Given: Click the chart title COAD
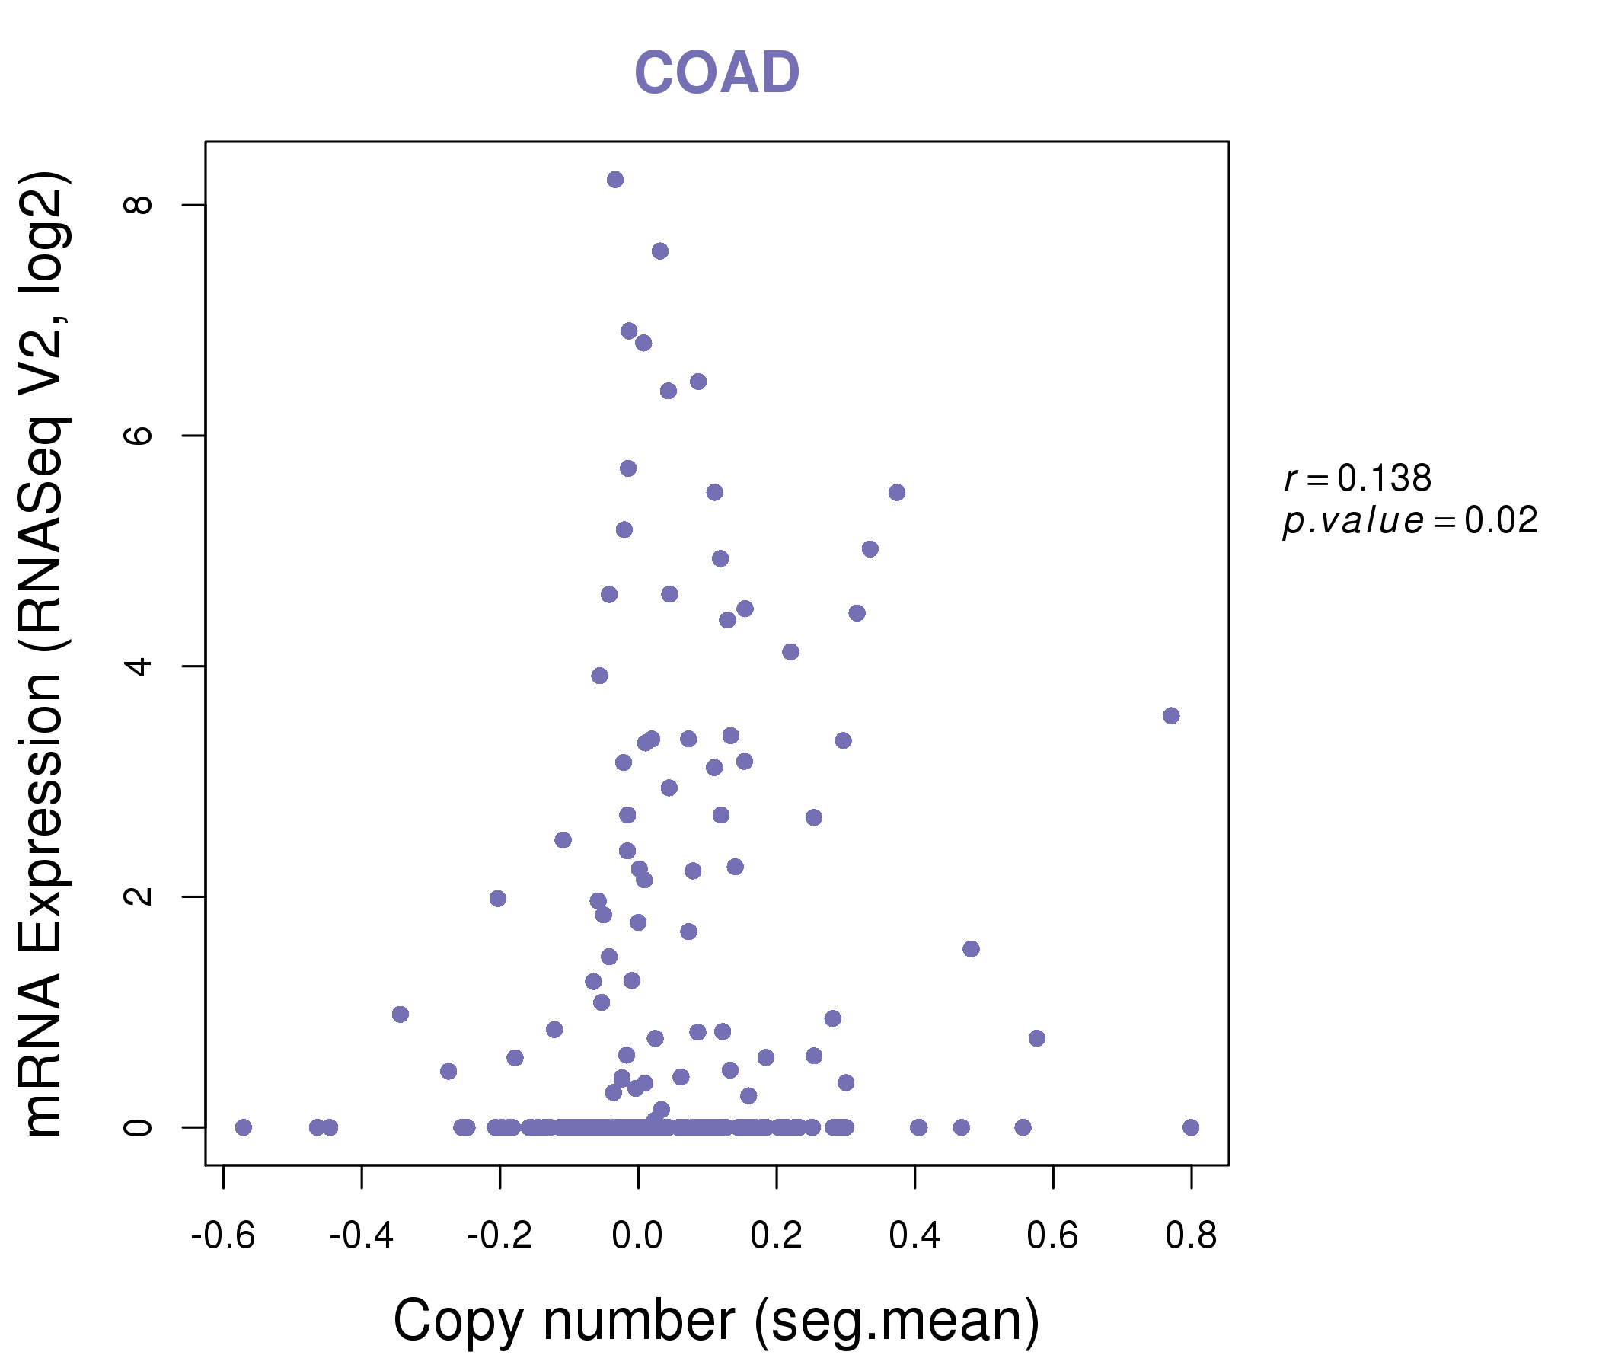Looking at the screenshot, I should click(x=717, y=73).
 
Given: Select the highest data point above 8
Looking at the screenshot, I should click(x=615, y=180).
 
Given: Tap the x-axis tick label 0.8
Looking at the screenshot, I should click(x=1191, y=1236).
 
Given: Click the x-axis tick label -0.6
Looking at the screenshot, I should click(x=223, y=1236).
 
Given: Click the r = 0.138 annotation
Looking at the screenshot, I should click(x=1358, y=478).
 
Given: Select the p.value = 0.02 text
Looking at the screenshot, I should click(x=1410, y=521).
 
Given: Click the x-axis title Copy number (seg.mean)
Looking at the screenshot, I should click(x=717, y=1321).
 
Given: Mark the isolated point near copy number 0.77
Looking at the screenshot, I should click(x=1171, y=716).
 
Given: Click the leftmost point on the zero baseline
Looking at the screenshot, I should click(x=243, y=1128).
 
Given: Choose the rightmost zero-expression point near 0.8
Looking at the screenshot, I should click(x=1191, y=1128).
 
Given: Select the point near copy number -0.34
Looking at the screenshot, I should click(x=400, y=1015).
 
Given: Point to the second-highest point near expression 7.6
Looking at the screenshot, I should click(x=660, y=251).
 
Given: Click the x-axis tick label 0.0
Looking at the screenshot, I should click(x=637, y=1236).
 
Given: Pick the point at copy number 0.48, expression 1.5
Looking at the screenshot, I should click(x=971, y=949).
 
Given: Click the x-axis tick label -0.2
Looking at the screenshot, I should click(x=499, y=1236).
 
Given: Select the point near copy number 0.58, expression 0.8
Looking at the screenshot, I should click(x=1036, y=1038).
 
